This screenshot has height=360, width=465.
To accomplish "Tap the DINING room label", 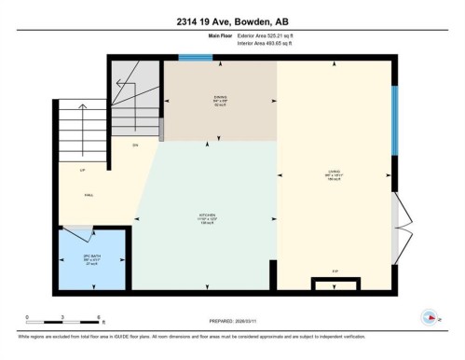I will click(x=220, y=98).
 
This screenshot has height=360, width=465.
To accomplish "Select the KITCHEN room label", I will click(x=206, y=216).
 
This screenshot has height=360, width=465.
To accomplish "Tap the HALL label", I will click(x=89, y=195).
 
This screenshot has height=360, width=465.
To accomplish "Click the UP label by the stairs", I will click(x=83, y=171).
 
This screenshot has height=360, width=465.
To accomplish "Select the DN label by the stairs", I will click(x=135, y=145).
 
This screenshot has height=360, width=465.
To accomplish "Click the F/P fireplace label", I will click(x=335, y=271).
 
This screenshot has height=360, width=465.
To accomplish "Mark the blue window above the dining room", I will click(x=195, y=58).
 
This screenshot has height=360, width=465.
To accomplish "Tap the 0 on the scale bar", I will click(x=28, y=317).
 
